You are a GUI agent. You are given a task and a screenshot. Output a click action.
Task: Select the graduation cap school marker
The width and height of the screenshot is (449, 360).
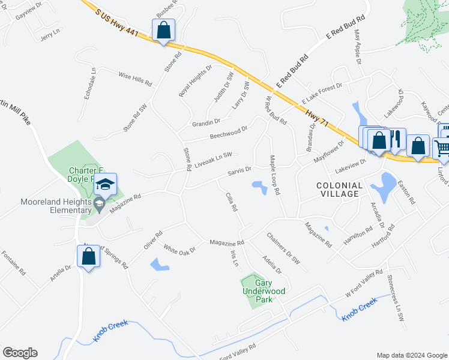[x=104, y=185]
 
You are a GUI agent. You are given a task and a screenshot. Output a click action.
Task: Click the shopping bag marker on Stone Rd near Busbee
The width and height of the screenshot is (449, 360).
[x=163, y=29]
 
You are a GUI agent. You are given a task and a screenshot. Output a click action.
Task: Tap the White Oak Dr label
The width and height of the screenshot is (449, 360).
[x=179, y=248]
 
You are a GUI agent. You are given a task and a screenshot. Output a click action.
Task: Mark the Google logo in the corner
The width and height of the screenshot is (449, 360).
[x=20, y=353]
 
